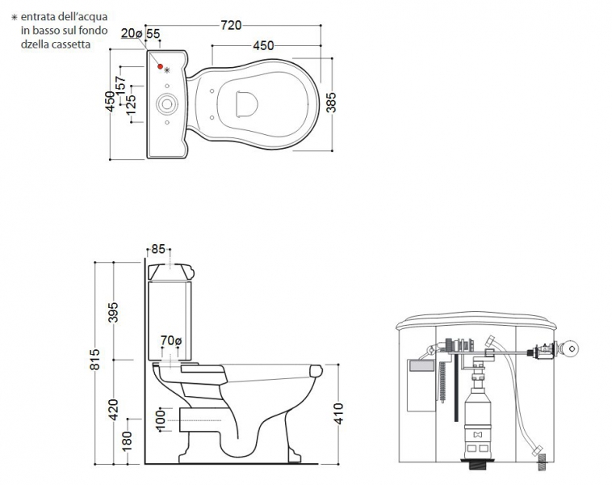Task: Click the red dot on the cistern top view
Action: click(160, 66)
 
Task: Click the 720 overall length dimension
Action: click(231, 25)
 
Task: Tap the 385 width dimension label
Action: click(331, 103)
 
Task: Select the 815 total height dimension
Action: click(94, 359)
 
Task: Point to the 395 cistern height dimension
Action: click(113, 312)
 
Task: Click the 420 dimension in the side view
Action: click(113, 410)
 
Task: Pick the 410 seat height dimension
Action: click(338, 414)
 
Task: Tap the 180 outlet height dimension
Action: click(128, 441)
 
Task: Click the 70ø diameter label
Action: click(171, 340)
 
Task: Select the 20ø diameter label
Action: click(131, 33)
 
